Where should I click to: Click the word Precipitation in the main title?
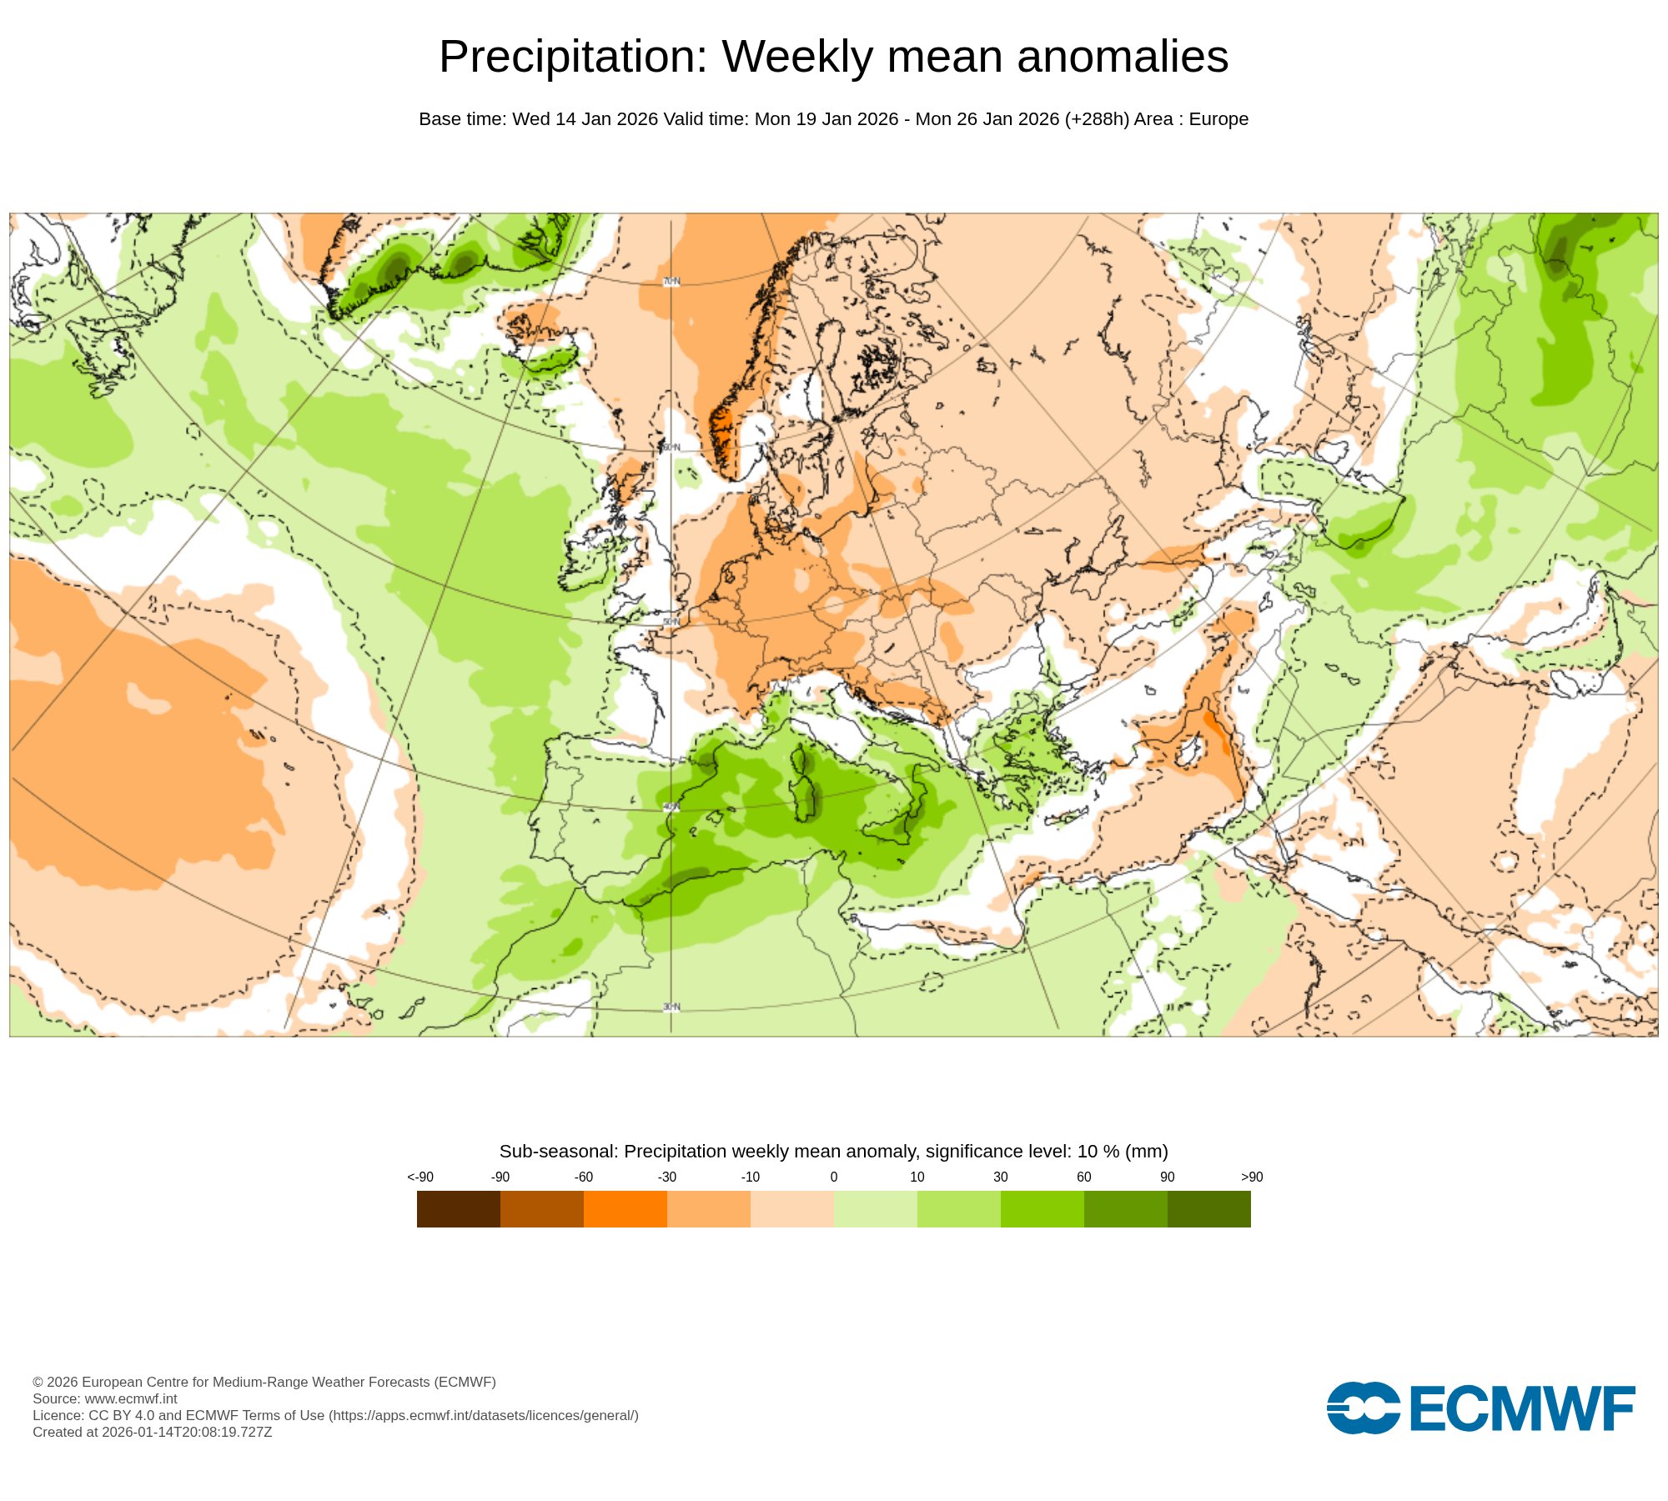(x=572, y=57)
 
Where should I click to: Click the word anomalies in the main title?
(x=1122, y=57)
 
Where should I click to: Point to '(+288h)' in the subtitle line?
(x=1097, y=119)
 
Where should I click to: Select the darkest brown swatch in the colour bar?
(x=459, y=1209)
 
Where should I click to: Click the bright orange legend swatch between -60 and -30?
(x=625, y=1209)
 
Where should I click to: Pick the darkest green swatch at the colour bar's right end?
(x=1209, y=1209)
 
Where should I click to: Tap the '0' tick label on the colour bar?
(x=834, y=1177)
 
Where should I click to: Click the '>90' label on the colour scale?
(x=1252, y=1177)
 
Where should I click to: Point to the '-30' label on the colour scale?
(x=667, y=1177)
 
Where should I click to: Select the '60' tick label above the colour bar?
(x=1084, y=1177)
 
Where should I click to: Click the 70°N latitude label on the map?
(x=671, y=282)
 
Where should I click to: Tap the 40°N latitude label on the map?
(x=671, y=807)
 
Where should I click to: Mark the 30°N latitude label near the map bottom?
(x=671, y=1007)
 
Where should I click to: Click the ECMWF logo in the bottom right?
(x=1480, y=1408)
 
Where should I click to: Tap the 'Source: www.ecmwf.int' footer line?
(x=105, y=1398)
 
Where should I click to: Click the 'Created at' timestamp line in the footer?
(x=153, y=1432)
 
